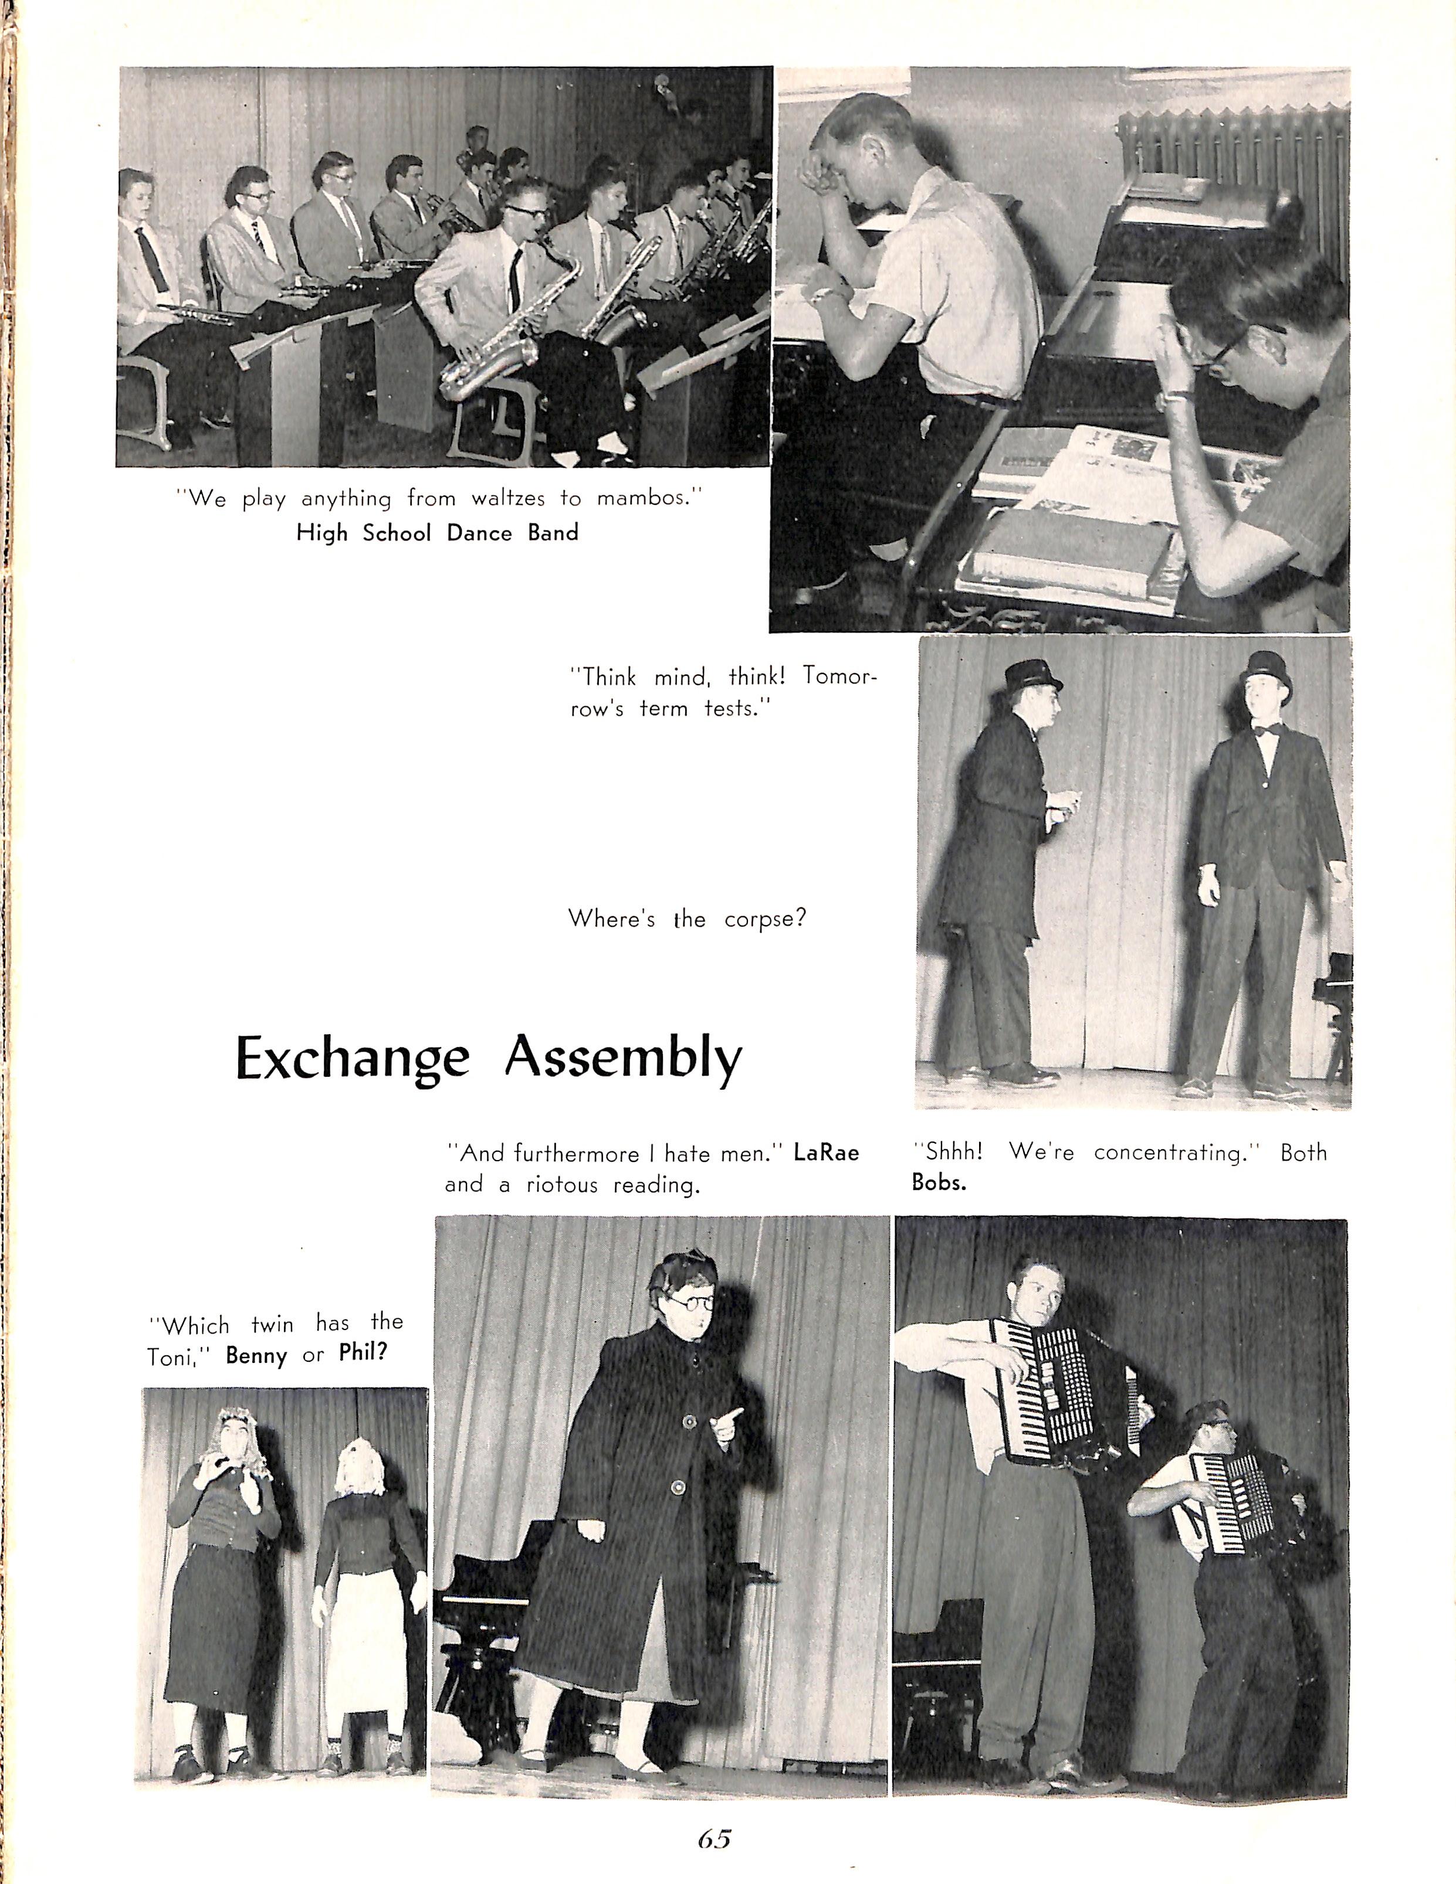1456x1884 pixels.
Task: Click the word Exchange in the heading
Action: click(353, 1059)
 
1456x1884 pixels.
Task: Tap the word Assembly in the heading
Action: click(623, 1059)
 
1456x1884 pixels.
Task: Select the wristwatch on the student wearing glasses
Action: click(1177, 397)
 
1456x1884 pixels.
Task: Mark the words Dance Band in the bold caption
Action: click(513, 532)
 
